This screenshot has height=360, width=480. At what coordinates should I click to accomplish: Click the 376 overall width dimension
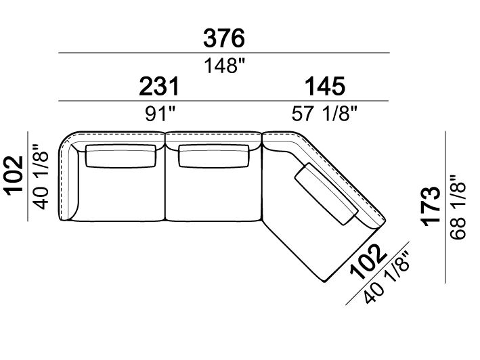(224, 39)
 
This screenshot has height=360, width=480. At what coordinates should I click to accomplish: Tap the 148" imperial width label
(225, 66)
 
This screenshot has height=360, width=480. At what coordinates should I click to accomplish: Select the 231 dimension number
(159, 87)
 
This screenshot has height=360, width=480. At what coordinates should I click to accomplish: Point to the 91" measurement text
(160, 114)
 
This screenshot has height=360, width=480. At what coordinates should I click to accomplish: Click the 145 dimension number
(325, 87)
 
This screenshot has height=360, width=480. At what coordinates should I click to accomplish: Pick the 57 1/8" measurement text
(324, 114)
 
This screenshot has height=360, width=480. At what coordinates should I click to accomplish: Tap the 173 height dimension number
(431, 206)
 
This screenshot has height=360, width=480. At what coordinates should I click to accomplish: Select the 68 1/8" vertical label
(458, 207)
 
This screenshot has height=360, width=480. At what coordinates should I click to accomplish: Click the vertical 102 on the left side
(14, 175)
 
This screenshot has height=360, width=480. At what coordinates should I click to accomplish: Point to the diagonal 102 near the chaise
(368, 262)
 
